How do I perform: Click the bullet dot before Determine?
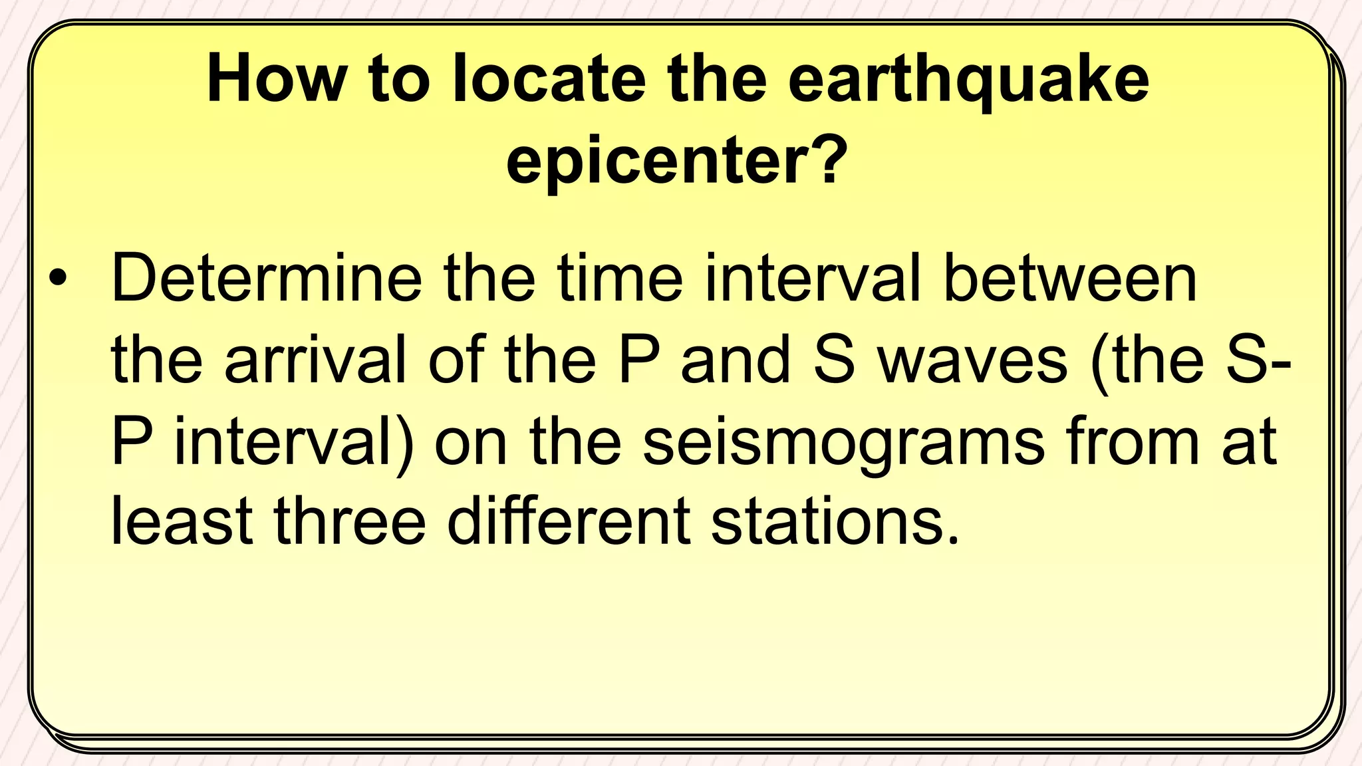(58, 279)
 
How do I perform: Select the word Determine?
(266, 279)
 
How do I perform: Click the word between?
(1070, 279)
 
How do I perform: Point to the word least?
(181, 521)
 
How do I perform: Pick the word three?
(349, 521)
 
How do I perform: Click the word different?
(569, 521)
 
